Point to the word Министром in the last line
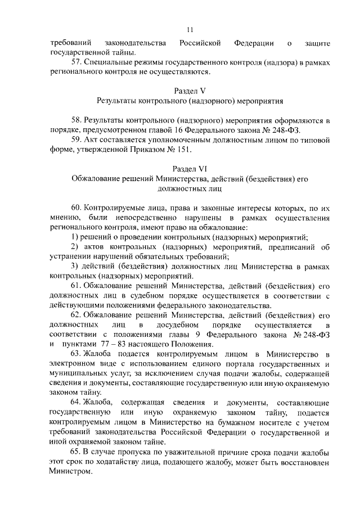[x=70, y=472]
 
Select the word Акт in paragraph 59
[x=92, y=139]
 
